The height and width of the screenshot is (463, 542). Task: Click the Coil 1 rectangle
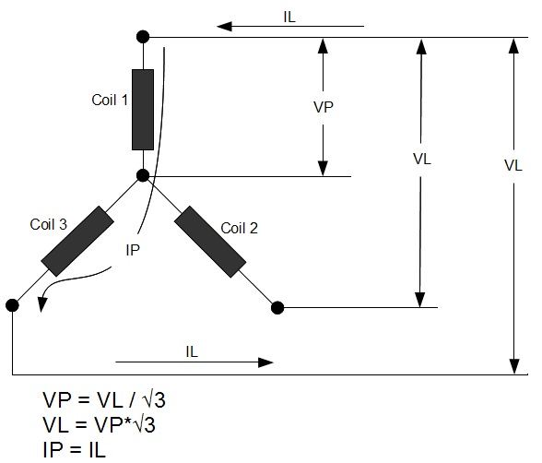[x=142, y=109]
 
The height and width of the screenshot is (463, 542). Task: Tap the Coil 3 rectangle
[x=77, y=242]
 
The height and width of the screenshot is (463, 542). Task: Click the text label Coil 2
[x=238, y=227]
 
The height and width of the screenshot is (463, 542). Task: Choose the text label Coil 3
[x=48, y=223]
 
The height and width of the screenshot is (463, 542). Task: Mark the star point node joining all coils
[x=142, y=175]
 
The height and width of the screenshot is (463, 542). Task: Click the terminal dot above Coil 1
[x=142, y=38]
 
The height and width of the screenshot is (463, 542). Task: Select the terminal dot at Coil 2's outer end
[x=277, y=306]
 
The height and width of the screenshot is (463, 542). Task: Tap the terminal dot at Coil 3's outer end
[x=12, y=304]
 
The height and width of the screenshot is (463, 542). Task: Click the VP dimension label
[x=324, y=106]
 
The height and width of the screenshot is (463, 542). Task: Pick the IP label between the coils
[x=134, y=249]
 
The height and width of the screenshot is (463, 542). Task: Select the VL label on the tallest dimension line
[x=513, y=166]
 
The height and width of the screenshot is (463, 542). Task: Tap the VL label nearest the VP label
[x=422, y=158]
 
